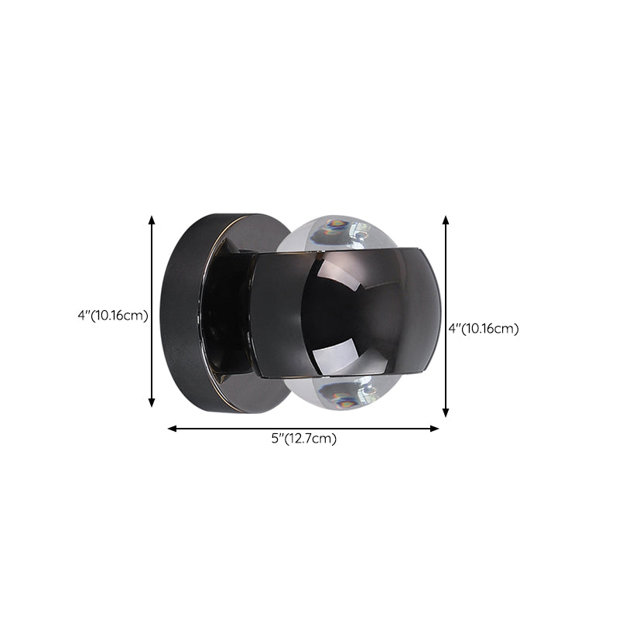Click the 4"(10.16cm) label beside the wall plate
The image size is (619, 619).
coord(113,315)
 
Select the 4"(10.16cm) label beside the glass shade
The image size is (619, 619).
coord(484,328)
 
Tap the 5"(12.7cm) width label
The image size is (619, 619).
coord(303,439)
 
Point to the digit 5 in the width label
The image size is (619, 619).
coord(275,439)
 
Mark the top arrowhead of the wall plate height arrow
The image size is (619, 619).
coord(152,221)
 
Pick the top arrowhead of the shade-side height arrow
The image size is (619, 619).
coord(446,221)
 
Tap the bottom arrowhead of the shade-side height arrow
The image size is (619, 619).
coord(446,413)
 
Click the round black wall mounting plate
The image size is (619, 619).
coord(186,309)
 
